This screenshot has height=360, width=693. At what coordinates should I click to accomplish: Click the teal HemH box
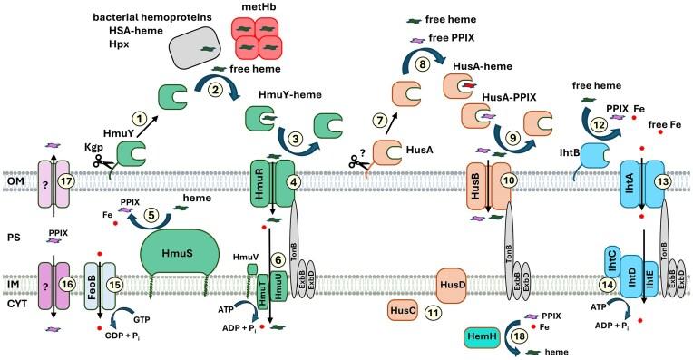[484, 336]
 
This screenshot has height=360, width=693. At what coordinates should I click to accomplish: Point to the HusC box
[403, 310]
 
